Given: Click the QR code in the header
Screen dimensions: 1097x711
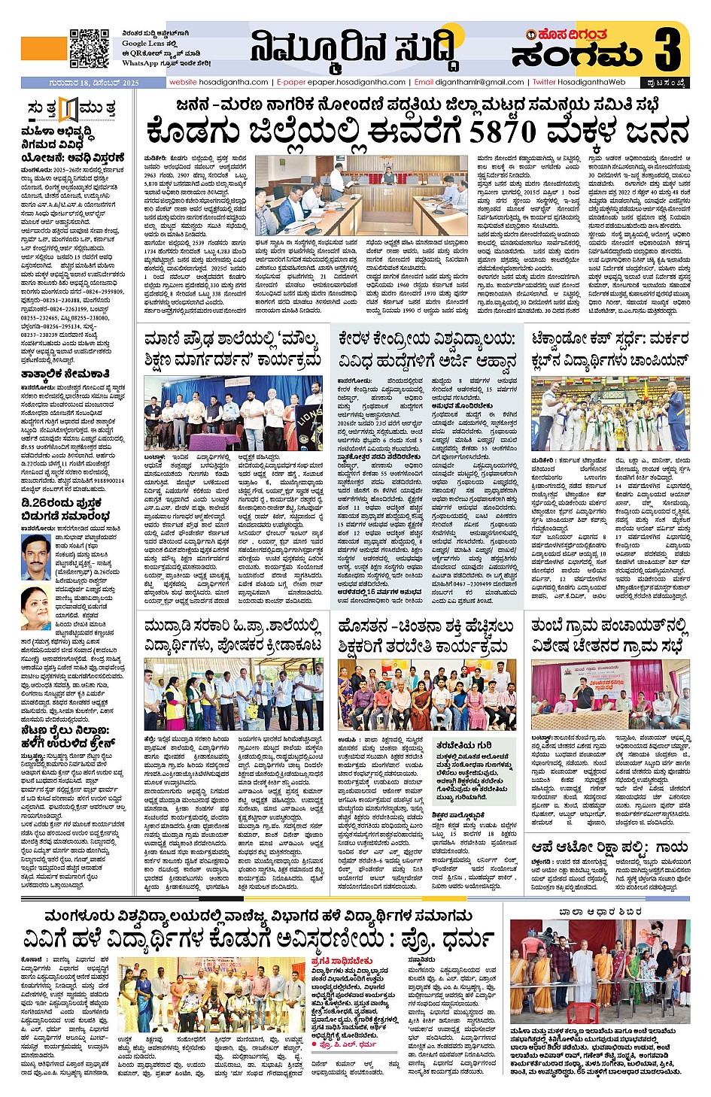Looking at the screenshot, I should tap(89, 48).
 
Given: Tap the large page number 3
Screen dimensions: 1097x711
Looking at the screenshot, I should tap(667, 48).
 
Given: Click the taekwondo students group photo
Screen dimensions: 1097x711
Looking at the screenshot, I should tap(609, 416).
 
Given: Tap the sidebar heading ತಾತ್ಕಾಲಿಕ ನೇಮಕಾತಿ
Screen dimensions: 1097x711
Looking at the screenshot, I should tap(65, 373).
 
